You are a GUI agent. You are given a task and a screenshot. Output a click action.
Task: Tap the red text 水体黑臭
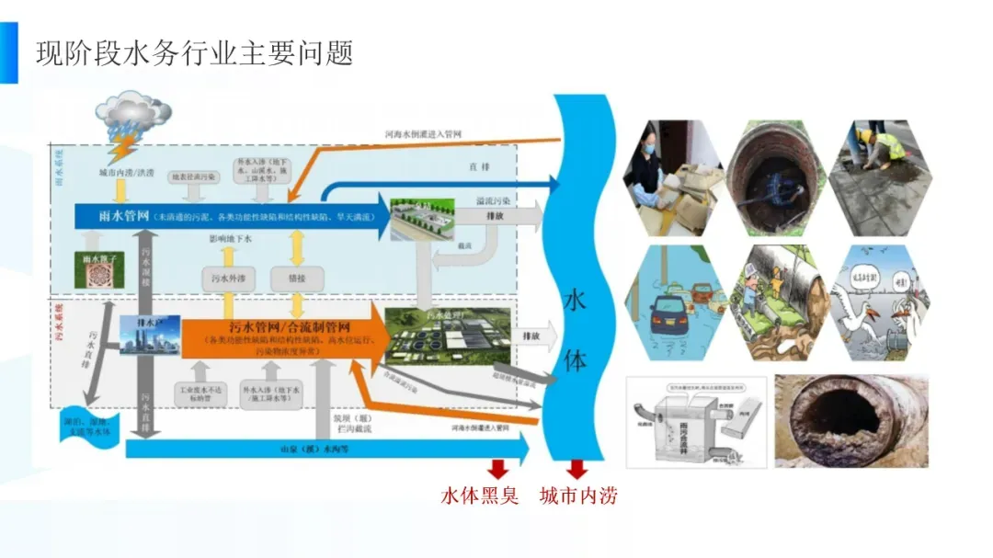tap(480, 496)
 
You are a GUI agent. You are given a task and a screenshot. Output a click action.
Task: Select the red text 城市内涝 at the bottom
tap(578, 496)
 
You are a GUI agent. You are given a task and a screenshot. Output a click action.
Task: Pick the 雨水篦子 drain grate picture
tap(98, 269)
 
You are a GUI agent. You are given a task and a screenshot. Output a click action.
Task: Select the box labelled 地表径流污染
tap(192, 177)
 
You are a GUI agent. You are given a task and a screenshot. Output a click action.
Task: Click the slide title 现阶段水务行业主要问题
tap(194, 52)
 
